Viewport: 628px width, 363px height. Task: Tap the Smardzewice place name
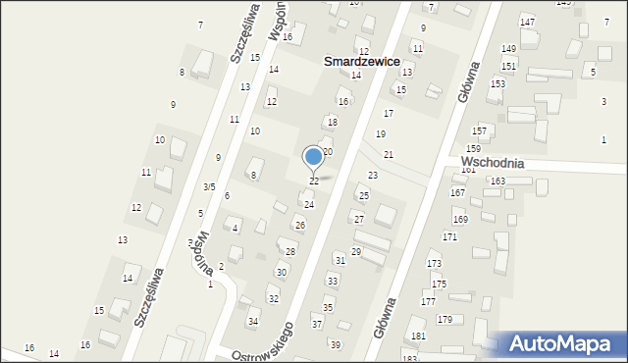(x=362, y=61)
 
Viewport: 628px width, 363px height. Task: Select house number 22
(x=314, y=181)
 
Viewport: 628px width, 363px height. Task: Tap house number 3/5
(x=209, y=186)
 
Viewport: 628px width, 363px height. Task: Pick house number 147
(x=528, y=22)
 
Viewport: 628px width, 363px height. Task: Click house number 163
(x=497, y=181)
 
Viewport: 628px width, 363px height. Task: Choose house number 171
(x=449, y=237)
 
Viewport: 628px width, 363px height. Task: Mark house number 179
(x=445, y=320)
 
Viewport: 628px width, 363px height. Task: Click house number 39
(x=335, y=344)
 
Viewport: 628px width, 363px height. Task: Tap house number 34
(x=253, y=322)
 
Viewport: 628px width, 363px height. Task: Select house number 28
(x=290, y=252)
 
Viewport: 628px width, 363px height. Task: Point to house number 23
(x=373, y=175)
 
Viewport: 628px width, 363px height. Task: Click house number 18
(x=333, y=122)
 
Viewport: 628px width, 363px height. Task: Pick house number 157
(x=479, y=130)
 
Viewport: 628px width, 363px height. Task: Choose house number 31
(x=340, y=260)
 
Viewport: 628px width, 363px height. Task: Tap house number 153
(x=497, y=83)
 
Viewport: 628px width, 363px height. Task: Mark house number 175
(x=439, y=284)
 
